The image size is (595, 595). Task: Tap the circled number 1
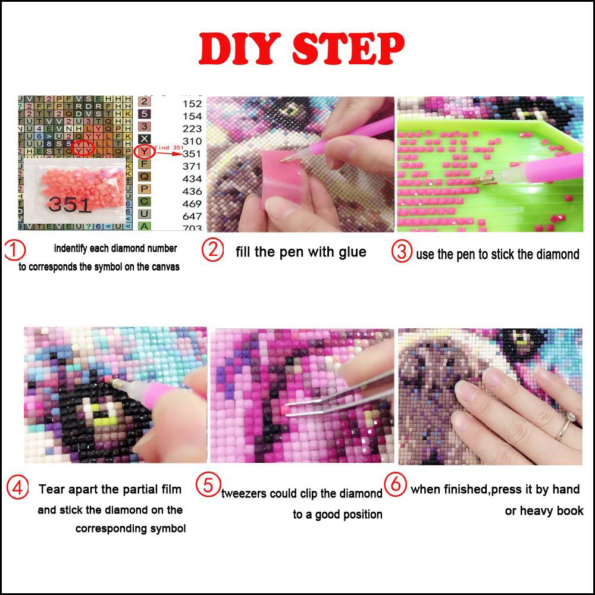coord(15,250)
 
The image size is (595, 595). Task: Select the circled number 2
coord(212,250)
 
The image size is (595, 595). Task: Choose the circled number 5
coord(208,486)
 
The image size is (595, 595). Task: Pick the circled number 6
coord(395,484)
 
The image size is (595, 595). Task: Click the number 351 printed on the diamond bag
coord(70,205)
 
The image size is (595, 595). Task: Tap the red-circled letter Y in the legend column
coord(144,151)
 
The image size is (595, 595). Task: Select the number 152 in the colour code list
coord(192,104)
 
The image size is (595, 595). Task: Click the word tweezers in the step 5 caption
coord(244,494)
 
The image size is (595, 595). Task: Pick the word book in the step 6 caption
coord(570,511)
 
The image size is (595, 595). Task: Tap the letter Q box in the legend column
coord(144,176)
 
